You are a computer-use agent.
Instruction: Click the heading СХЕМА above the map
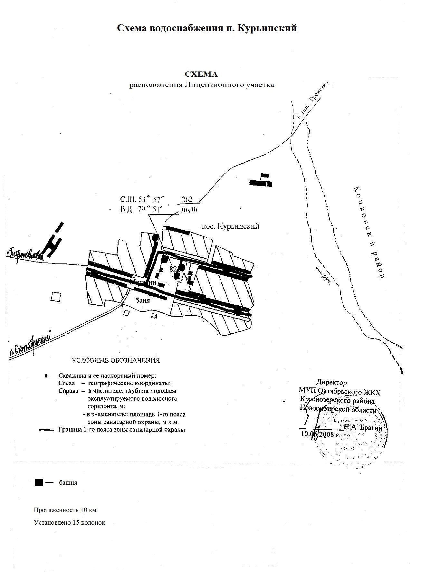click(x=201, y=74)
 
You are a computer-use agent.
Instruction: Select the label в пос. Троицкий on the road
click(x=312, y=100)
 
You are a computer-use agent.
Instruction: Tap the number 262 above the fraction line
click(x=187, y=199)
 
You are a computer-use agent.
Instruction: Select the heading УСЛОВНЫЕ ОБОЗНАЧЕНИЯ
click(x=116, y=360)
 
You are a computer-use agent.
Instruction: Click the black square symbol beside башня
click(x=39, y=482)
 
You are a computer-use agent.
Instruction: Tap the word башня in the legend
click(x=68, y=483)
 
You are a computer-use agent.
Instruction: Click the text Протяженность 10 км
click(x=65, y=510)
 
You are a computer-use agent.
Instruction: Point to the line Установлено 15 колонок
click(x=70, y=522)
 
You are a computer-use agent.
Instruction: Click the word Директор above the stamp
click(x=331, y=383)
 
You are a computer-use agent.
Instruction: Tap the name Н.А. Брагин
click(x=363, y=428)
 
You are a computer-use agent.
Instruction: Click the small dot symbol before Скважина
click(x=46, y=376)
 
